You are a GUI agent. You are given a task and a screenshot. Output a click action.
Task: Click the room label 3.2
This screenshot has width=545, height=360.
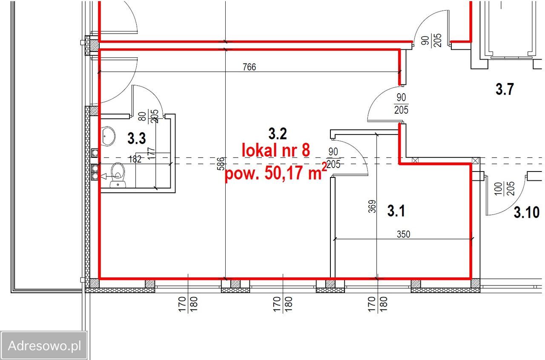pyautogui.click(x=278, y=134)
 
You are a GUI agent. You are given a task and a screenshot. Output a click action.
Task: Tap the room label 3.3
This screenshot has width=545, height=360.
pyautogui.click(x=137, y=138)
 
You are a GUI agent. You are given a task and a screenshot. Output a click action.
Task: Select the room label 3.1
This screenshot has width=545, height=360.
pyautogui.click(x=396, y=211)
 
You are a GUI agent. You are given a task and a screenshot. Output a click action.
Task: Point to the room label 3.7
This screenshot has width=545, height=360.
pyautogui.click(x=505, y=89)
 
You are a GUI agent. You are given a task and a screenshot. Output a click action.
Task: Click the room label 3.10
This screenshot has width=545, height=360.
pyautogui.click(x=527, y=212)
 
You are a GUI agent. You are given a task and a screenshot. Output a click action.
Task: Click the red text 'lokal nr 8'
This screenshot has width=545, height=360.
pyautogui.click(x=276, y=150)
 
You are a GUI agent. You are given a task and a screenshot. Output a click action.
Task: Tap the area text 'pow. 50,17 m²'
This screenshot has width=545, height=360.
pyautogui.click(x=275, y=173)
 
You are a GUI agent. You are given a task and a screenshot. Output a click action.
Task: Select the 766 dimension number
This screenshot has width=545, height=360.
pyautogui.click(x=250, y=67)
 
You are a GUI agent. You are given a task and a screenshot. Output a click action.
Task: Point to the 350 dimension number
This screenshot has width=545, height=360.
pyautogui.click(x=403, y=234)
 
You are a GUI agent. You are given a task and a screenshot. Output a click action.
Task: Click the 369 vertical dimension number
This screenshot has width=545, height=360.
pyautogui.click(x=372, y=206)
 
